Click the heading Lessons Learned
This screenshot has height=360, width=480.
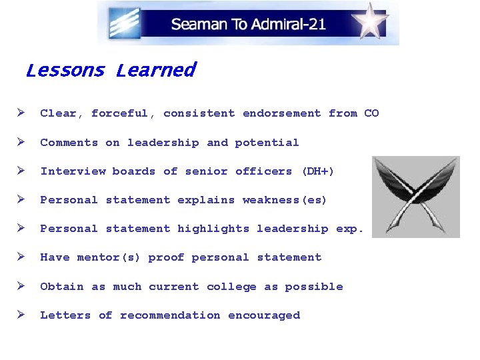(x=110, y=70)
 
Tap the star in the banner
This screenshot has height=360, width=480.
(x=372, y=23)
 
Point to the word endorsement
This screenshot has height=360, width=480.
(x=281, y=113)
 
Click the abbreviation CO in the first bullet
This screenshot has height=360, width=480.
(x=371, y=113)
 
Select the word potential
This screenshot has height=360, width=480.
(x=267, y=142)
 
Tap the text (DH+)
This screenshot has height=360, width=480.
(x=317, y=171)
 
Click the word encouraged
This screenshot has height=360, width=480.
(x=264, y=315)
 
